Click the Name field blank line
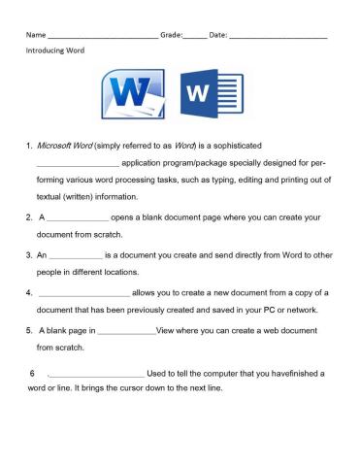pyautogui.click(x=101, y=36)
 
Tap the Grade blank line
pyautogui.click(x=194, y=36)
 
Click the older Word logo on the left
pyautogui.click(x=134, y=96)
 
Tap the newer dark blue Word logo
pyautogui.click(x=210, y=96)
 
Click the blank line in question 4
pyautogui.click(x=84, y=292)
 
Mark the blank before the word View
pyautogui.click(x=126, y=330)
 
